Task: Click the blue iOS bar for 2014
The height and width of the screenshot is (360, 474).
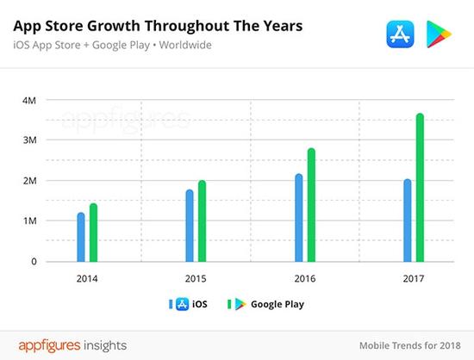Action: (x=81, y=237)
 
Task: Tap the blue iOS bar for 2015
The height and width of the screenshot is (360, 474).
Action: (x=190, y=226)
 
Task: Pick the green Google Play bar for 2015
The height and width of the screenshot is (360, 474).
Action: (x=202, y=221)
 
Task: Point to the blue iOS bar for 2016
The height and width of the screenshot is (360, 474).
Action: (x=298, y=218)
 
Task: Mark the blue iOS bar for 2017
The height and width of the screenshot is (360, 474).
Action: (x=408, y=220)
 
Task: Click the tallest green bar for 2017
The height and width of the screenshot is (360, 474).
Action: (x=420, y=188)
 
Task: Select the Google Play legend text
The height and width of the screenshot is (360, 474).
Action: (x=278, y=304)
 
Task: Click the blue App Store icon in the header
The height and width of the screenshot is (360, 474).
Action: (x=398, y=35)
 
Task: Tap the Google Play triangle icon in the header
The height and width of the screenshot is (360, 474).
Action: (x=440, y=35)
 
